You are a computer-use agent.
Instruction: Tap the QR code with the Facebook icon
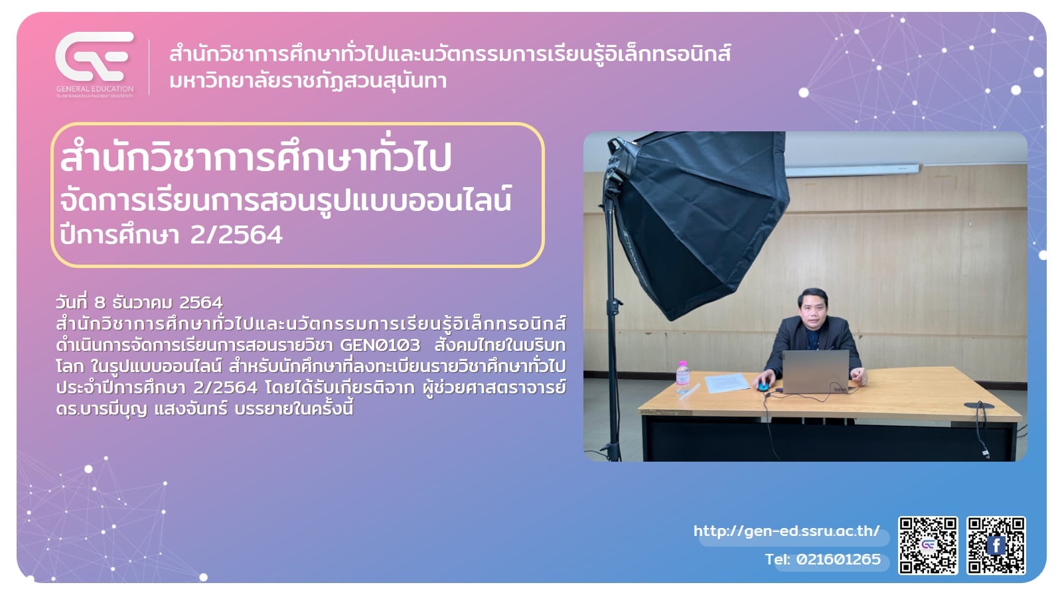pyautogui.click(x=996, y=545)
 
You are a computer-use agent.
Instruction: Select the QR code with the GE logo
pyautogui.click(x=929, y=545)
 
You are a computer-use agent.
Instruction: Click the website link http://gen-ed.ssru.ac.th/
pyautogui.click(x=787, y=531)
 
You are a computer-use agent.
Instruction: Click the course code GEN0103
pyautogui.click(x=380, y=345)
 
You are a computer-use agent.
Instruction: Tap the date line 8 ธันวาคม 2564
pyautogui.click(x=139, y=302)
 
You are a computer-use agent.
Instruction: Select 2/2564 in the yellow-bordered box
pyautogui.click(x=236, y=235)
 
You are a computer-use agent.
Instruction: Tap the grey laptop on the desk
pyautogui.click(x=816, y=372)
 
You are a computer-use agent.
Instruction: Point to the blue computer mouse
pyautogui.click(x=763, y=387)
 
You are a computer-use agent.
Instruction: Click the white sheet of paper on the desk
pyautogui.click(x=727, y=383)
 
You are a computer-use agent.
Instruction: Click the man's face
pyautogui.click(x=812, y=310)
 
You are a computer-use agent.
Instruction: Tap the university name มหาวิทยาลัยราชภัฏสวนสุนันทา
pyautogui.click(x=308, y=81)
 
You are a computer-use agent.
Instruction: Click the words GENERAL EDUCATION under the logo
pyautogui.click(x=95, y=89)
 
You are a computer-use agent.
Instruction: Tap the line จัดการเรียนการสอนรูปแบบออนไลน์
pyautogui.click(x=285, y=201)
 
